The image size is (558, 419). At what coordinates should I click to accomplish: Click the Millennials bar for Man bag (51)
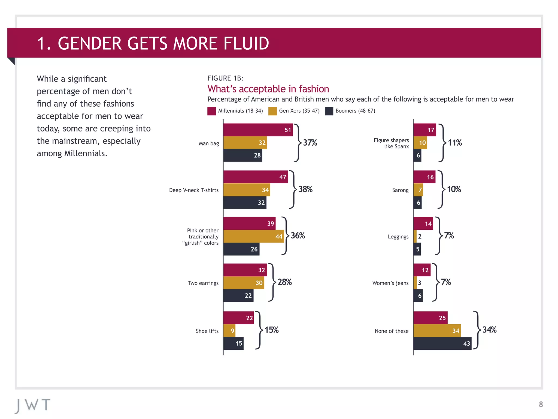point(258,130)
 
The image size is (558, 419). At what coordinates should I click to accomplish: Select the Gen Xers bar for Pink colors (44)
point(253,236)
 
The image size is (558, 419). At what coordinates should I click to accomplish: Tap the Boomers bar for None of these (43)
point(442,343)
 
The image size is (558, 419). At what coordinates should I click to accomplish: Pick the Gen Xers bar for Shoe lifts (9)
point(229,331)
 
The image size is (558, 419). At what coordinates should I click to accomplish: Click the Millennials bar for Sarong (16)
point(424,177)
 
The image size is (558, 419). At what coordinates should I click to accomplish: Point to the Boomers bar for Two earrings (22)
point(238,295)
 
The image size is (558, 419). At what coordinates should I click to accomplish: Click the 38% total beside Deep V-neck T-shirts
point(305,189)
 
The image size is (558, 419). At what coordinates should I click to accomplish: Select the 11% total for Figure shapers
point(455,143)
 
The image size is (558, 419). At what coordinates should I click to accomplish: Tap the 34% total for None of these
point(489,330)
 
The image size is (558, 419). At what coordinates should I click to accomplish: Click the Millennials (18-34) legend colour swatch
point(211,111)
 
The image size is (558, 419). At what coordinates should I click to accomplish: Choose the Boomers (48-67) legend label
point(355,111)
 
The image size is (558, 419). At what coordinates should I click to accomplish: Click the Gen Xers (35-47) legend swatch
point(272,111)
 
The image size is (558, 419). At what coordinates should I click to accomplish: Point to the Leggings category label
point(398,237)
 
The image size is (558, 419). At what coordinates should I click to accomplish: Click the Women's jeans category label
point(390,283)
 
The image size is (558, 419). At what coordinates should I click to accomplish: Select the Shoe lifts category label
point(207,331)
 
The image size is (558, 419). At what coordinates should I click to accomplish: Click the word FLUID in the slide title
point(246,44)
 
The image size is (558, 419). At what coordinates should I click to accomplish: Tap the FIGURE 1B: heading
point(225,78)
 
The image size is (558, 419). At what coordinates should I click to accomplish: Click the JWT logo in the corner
point(33,405)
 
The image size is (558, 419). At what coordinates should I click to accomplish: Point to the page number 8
point(541,404)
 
